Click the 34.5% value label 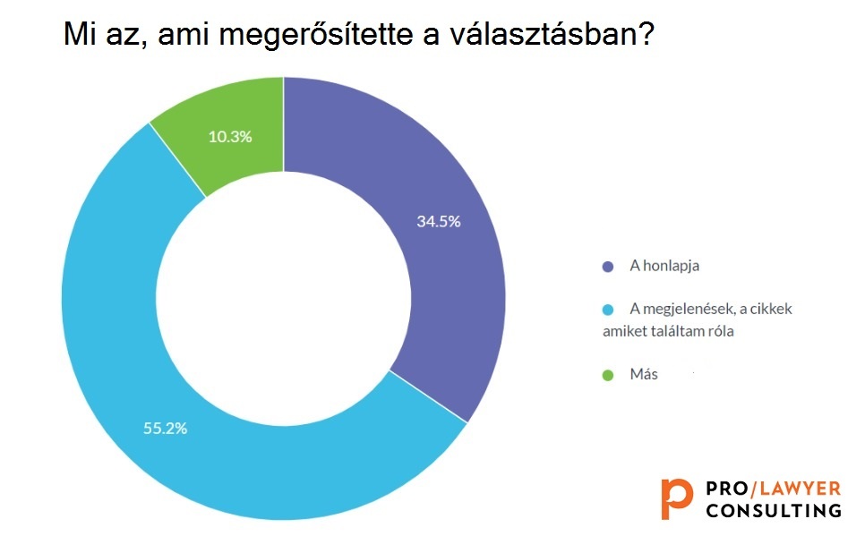pos(439,222)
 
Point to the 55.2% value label pos(165,429)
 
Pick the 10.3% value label pos(230,137)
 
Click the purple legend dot pos(608,267)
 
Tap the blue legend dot pos(608,310)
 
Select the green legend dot pos(608,376)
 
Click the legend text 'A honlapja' pos(664,266)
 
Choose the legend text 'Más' pos(644,374)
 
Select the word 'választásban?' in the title pos(552,34)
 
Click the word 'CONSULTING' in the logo pos(774,510)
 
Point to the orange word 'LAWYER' pos(800,489)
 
